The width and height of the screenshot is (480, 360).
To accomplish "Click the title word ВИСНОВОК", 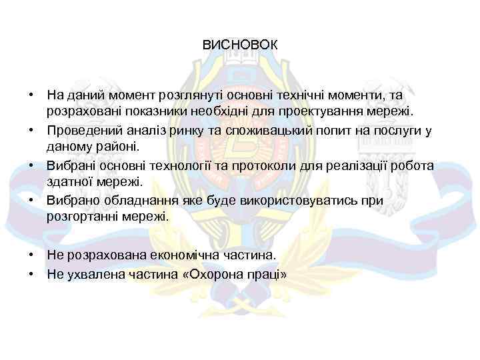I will [x=240, y=46].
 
